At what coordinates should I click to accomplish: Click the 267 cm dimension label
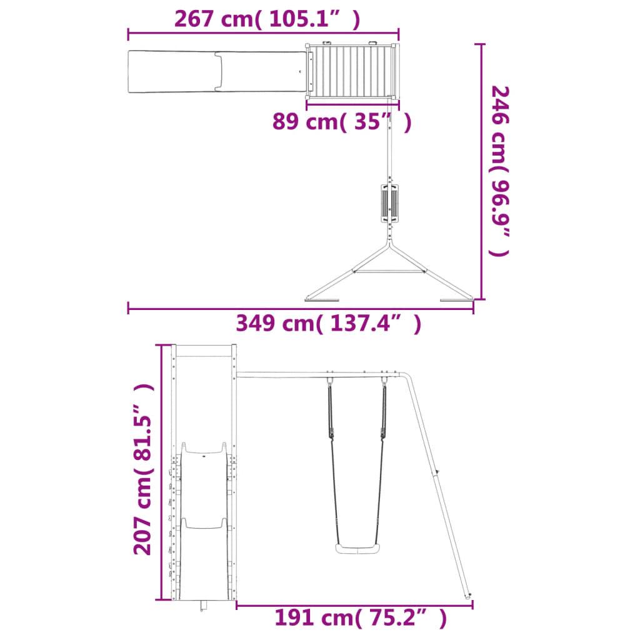point(267,19)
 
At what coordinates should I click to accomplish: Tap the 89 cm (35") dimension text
point(342,121)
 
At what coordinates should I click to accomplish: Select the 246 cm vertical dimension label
point(499,171)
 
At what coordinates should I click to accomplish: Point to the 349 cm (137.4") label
point(328,323)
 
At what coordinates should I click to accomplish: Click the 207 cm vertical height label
point(144,469)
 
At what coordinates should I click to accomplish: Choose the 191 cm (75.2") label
point(361,617)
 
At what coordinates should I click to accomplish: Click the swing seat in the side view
point(357,548)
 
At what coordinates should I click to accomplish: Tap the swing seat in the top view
point(390,203)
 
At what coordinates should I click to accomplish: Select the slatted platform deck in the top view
point(351,71)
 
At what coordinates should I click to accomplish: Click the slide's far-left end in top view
point(129,72)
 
